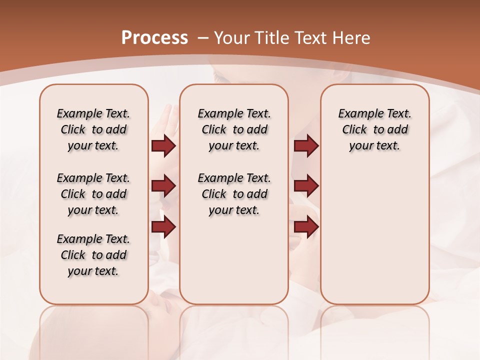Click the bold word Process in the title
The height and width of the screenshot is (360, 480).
[154, 38]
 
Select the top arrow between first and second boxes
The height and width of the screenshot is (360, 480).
[163, 146]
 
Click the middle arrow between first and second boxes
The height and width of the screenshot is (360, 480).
[163, 186]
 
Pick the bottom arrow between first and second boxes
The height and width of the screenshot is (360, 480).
[163, 227]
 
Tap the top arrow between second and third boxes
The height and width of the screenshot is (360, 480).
[306, 146]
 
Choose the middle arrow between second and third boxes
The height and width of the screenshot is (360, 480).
[306, 186]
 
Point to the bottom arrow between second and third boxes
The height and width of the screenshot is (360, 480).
[306, 227]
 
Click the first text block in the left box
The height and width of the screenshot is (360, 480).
[93, 129]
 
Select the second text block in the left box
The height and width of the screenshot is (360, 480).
[93, 194]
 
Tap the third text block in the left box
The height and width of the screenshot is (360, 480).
[93, 255]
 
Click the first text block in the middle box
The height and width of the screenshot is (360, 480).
[234, 129]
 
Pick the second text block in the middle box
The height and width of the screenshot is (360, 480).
[234, 194]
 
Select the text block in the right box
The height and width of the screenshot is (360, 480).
[374, 129]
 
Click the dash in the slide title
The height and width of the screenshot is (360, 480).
[203, 38]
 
